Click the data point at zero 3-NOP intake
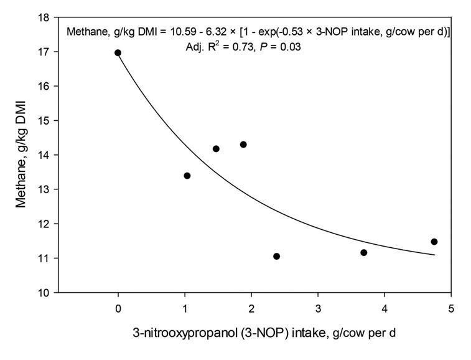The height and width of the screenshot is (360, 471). coord(118,53)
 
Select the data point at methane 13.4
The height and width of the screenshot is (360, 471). coord(187,176)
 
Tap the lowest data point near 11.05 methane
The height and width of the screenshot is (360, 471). coord(276,256)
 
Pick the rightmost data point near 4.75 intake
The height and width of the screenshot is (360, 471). coord(434,242)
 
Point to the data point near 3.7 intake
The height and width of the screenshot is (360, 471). coord(364,252)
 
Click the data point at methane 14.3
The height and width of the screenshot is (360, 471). coord(243,144)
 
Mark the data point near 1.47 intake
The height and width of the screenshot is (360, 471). coord(216,148)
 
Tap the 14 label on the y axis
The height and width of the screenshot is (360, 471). coord(45,154)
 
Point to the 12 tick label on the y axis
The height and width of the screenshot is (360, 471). coord(45,224)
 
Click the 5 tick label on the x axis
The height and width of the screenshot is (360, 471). coord(451,308)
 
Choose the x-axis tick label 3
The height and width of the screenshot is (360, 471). coord(318,308)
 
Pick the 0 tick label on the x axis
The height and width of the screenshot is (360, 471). coord(118,308)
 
